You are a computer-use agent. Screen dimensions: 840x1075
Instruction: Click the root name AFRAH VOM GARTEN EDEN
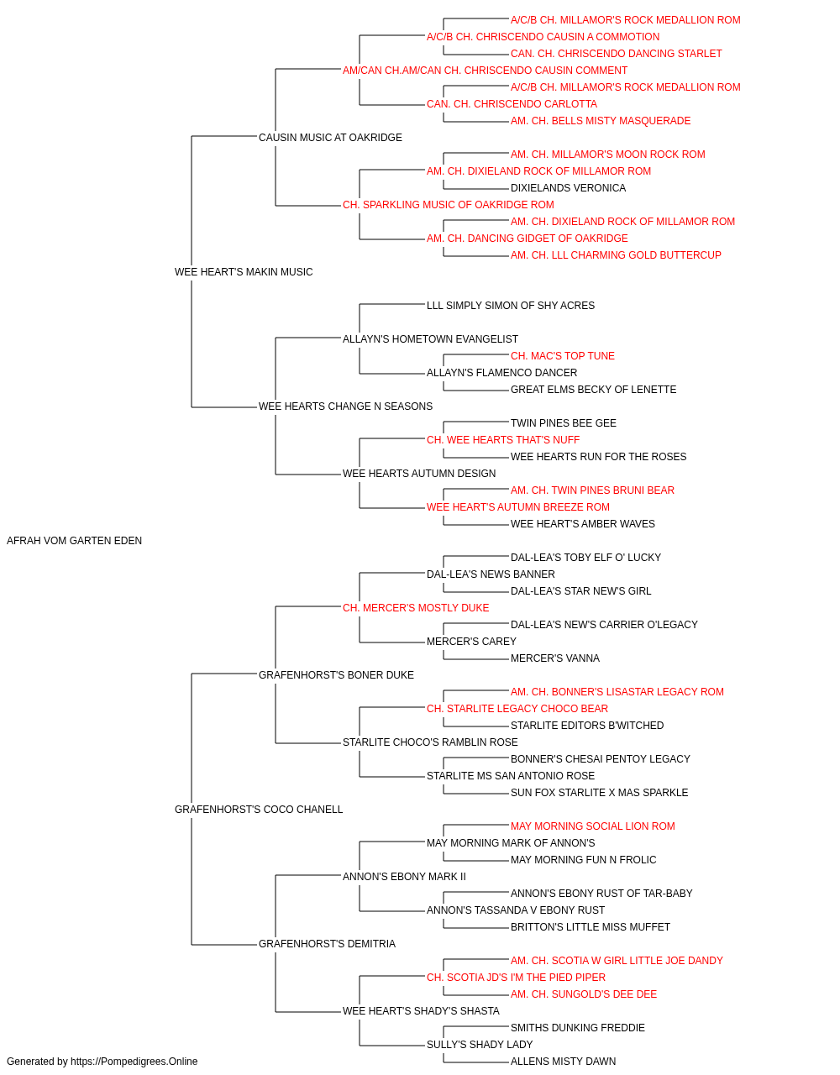tap(74, 541)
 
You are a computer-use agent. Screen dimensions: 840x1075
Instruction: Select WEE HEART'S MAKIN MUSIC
tap(244, 272)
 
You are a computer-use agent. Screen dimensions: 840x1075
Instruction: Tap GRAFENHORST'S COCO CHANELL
tap(259, 810)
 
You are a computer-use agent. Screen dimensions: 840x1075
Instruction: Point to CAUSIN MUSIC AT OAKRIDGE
tap(330, 138)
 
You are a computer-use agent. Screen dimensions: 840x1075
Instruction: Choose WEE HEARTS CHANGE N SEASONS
tap(345, 406)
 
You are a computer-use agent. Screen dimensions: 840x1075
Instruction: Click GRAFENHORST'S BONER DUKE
tap(336, 675)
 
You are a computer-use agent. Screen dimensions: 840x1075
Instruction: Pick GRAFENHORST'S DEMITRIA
tap(327, 944)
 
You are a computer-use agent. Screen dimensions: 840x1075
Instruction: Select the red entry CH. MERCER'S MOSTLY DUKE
tap(416, 608)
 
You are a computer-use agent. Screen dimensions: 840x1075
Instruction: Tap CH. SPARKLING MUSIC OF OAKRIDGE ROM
tap(449, 205)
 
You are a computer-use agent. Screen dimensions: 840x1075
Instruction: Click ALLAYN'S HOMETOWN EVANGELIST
tap(430, 339)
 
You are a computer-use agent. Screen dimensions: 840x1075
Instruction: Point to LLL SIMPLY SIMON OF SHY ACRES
tap(511, 306)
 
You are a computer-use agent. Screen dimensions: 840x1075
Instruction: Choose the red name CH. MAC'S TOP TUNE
tap(563, 356)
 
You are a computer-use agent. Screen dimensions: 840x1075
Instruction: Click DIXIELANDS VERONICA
tap(568, 188)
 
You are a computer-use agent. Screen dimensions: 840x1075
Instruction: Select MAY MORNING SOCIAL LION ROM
tap(593, 826)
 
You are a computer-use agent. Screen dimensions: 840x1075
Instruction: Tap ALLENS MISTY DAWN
tap(563, 1062)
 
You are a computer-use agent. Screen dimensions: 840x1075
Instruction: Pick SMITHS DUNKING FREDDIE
tap(578, 1028)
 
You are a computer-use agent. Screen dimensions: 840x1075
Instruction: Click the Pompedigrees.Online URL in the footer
tap(134, 1062)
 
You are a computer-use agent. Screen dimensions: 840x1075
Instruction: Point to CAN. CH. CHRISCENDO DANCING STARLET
tap(617, 54)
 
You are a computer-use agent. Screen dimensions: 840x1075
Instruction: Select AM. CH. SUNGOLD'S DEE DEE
tap(584, 994)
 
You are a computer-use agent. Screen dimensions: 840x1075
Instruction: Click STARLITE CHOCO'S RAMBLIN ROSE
tap(430, 742)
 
